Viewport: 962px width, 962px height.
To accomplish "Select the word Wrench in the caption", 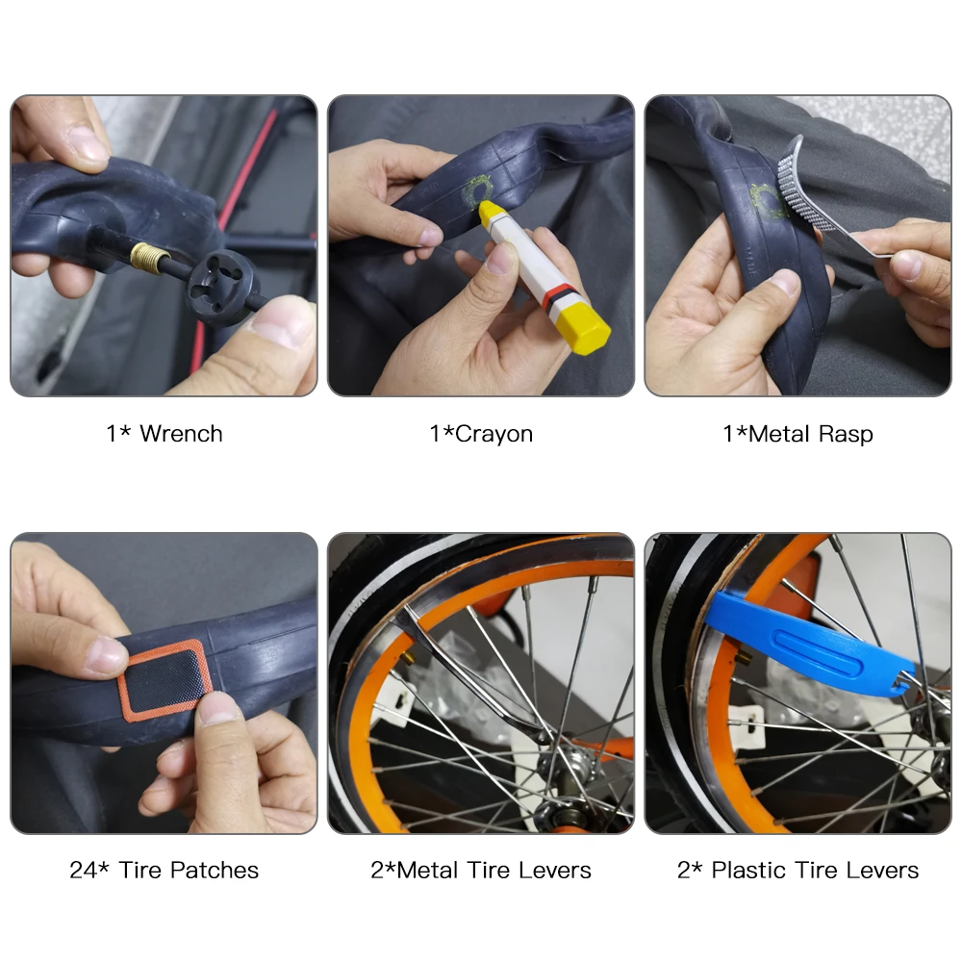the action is [x=181, y=434].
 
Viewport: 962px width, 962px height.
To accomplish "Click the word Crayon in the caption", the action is [x=494, y=434].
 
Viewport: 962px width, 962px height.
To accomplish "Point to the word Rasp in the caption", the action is [x=846, y=434].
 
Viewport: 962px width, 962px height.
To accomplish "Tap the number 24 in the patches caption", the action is [x=84, y=870].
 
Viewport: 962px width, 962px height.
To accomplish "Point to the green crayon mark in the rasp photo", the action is [x=767, y=201].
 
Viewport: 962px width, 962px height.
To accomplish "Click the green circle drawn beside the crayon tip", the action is [x=475, y=190].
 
